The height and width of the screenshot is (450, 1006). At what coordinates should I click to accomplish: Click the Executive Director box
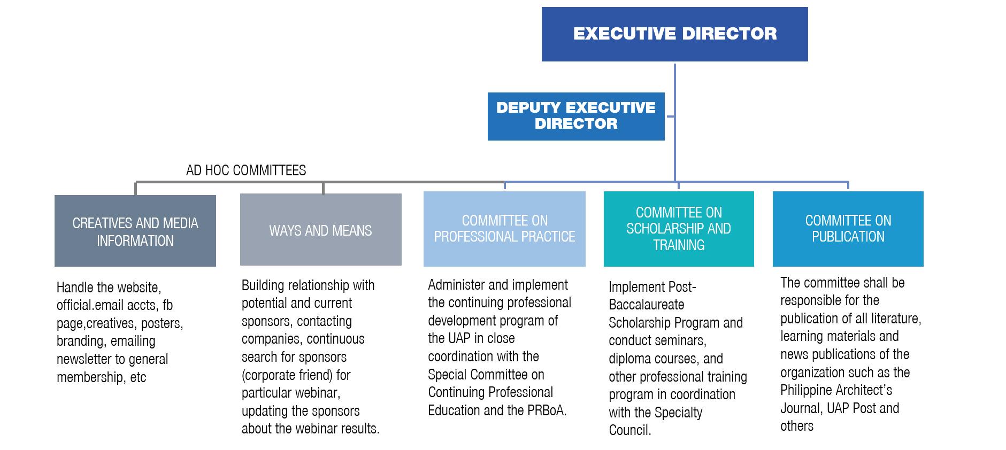click(674, 34)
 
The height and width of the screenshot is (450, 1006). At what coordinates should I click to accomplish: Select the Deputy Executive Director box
click(576, 116)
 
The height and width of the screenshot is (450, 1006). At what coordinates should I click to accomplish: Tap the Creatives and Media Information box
click(135, 231)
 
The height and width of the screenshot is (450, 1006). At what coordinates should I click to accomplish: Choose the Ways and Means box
click(320, 230)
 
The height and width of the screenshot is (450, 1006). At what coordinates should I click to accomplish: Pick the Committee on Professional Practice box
click(504, 229)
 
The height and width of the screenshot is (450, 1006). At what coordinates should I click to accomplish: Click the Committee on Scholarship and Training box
click(678, 229)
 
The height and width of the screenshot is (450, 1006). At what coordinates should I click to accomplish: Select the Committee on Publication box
click(848, 229)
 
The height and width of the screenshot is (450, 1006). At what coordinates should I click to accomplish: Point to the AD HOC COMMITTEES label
click(246, 170)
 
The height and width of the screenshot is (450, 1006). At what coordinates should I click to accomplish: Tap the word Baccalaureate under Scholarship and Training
click(646, 305)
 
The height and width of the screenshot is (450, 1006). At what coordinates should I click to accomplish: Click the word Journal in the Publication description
click(801, 408)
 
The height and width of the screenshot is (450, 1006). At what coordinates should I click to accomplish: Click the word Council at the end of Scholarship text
click(629, 430)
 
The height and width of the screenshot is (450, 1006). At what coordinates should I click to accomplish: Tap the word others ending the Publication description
click(797, 426)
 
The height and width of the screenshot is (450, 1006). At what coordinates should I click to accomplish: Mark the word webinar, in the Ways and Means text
click(318, 393)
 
